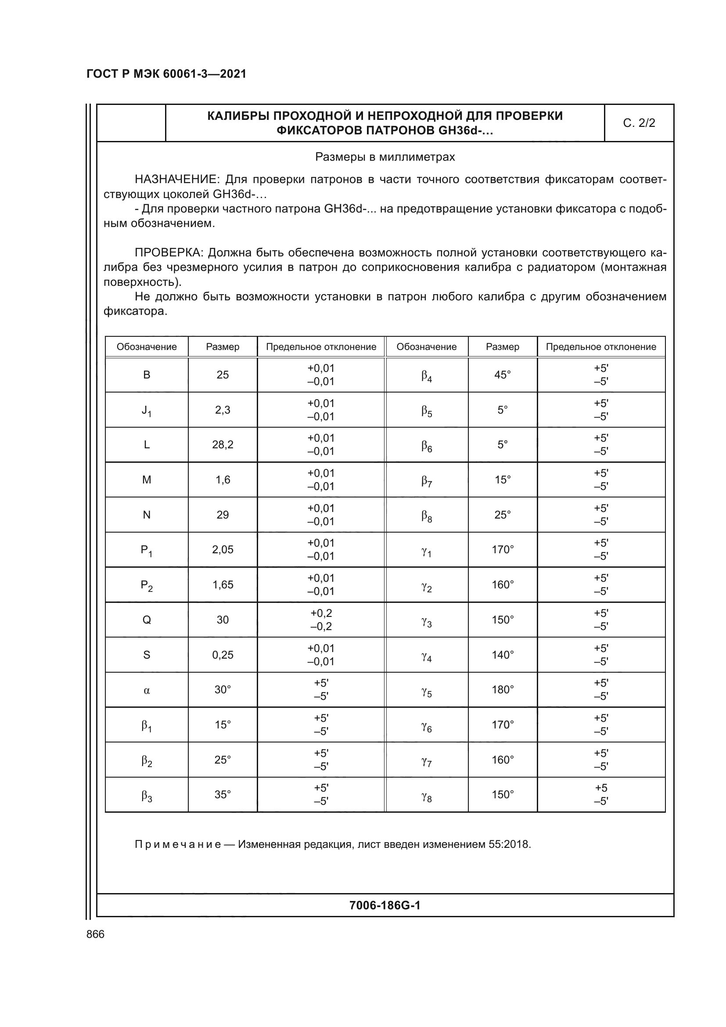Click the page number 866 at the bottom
95,934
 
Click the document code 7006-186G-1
385,906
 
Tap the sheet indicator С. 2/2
639,123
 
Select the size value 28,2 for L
223,445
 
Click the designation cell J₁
146,410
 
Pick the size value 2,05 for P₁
223,549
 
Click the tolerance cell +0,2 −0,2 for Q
321,620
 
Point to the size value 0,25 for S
223,655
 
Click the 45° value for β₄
503,375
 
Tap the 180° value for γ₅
503,690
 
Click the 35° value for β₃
223,795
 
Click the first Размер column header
223,347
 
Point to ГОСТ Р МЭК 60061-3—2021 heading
166,74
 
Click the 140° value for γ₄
503,655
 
